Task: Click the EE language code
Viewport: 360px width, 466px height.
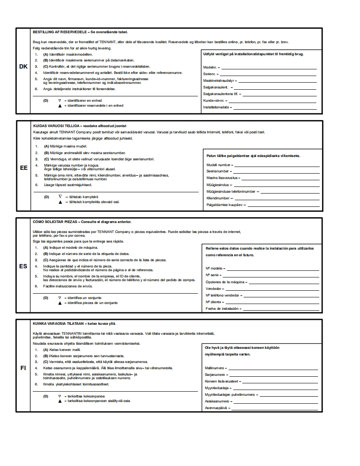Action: [x=23, y=168]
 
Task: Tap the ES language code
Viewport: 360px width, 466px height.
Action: [x=23, y=266]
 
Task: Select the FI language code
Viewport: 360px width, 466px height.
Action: [x=23, y=368]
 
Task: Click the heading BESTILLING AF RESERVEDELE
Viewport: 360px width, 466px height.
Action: [x=59, y=32]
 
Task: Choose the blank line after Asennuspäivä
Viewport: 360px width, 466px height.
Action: [x=276, y=408]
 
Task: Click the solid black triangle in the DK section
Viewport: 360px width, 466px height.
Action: [x=60, y=106]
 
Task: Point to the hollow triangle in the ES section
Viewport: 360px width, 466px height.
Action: [x=60, y=298]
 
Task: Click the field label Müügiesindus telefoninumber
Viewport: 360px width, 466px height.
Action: [x=231, y=192]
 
